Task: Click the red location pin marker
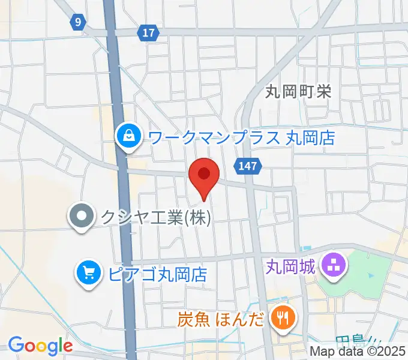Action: (x=203, y=176)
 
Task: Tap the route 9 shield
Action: (x=77, y=22)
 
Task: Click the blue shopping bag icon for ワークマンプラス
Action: (x=129, y=136)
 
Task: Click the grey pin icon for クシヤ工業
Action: (x=82, y=216)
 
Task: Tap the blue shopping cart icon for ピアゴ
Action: (x=89, y=274)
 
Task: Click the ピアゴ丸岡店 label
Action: (x=158, y=275)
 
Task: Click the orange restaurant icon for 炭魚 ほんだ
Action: (x=281, y=317)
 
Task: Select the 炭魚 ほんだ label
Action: (x=220, y=318)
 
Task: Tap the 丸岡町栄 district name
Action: (x=298, y=91)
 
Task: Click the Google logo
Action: (x=40, y=346)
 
